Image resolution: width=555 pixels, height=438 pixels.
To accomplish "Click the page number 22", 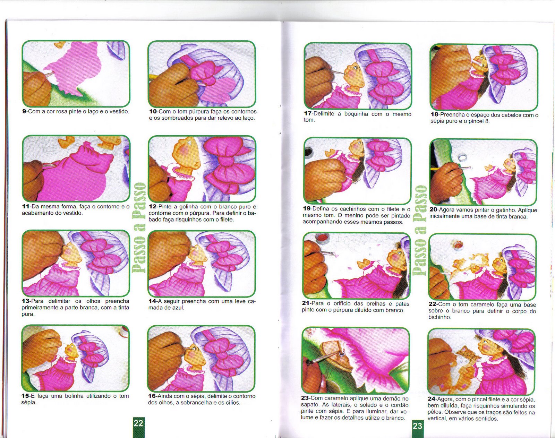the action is (138, 423).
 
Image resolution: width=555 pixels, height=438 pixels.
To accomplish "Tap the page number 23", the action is (417, 426).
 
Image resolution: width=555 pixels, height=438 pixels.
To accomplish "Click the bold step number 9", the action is (24, 111).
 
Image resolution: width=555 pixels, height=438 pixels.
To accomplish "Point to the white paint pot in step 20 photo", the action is (462, 157).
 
